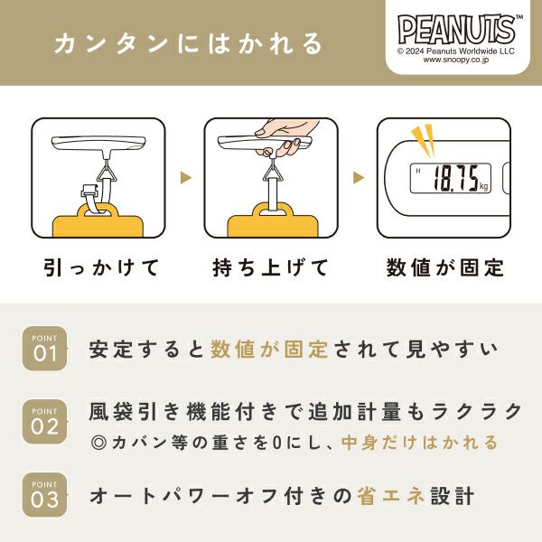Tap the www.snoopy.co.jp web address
pyautogui.click(x=456, y=60)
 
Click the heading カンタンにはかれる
pyautogui.click(x=189, y=43)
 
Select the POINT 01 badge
pyautogui.click(x=44, y=349)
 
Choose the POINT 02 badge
pyautogui.click(x=44, y=422)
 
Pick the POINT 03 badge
pyautogui.click(x=44, y=495)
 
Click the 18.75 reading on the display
pyautogui.click(x=456, y=178)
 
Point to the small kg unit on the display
pyautogui.click(x=483, y=187)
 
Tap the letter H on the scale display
pyautogui.click(x=418, y=171)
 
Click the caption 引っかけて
pyautogui.click(x=101, y=267)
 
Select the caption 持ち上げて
pyautogui.click(x=270, y=267)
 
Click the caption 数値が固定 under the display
pyautogui.click(x=444, y=267)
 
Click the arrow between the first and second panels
pyautogui.click(x=185, y=178)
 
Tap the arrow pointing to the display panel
pyautogui.click(x=359, y=178)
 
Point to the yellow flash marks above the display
pyautogui.click(x=424, y=140)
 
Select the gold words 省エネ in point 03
pyautogui.click(x=390, y=496)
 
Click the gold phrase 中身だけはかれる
pyautogui.click(x=420, y=443)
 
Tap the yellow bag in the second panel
pyautogui.click(x=273, y=220)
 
